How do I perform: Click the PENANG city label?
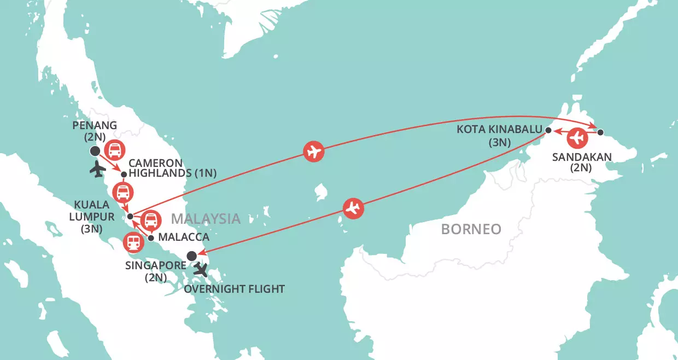coord(95,125)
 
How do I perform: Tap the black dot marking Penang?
coord(95,151)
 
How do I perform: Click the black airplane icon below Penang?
coord(97,170)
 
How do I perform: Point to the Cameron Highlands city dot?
coord(124,175)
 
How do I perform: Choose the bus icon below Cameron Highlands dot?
coord(123,193)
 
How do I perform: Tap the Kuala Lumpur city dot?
coord(130,217)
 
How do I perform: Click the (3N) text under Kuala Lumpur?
coord(91,229)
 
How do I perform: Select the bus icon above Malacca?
coord(151,220)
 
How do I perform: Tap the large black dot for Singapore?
coord(191,256)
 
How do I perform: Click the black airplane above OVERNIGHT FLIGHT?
coord(201,270)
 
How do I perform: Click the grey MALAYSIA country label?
coord(205,219)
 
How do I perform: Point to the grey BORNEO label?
coord(471,229)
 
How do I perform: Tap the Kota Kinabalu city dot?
coord(548,130)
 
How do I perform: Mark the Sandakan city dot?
coord(600,132)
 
